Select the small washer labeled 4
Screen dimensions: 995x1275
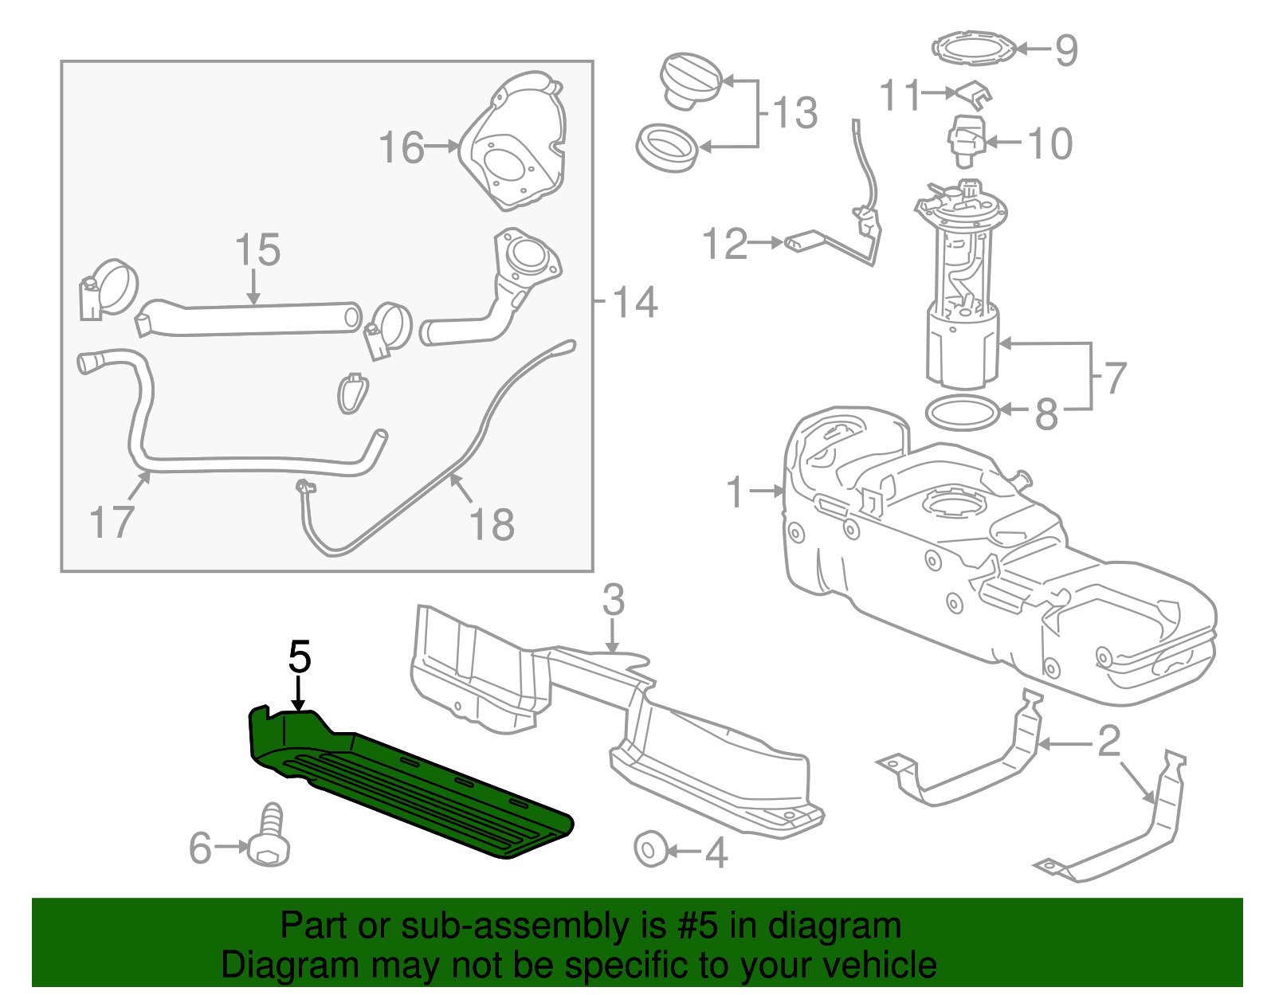point(650,849)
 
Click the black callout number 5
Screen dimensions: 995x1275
point(300,657)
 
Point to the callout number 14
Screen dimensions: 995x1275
point(635,303)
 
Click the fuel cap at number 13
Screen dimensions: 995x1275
point(690,80)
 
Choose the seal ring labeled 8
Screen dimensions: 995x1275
point(962,413)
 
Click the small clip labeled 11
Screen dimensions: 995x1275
point(973,93)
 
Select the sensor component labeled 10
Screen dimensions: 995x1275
point(966,142)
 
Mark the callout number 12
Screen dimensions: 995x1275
point(725,244)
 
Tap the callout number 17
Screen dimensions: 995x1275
point(111,522)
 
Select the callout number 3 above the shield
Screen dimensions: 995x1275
point(613,601)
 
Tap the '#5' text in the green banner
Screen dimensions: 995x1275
point(697,926)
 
